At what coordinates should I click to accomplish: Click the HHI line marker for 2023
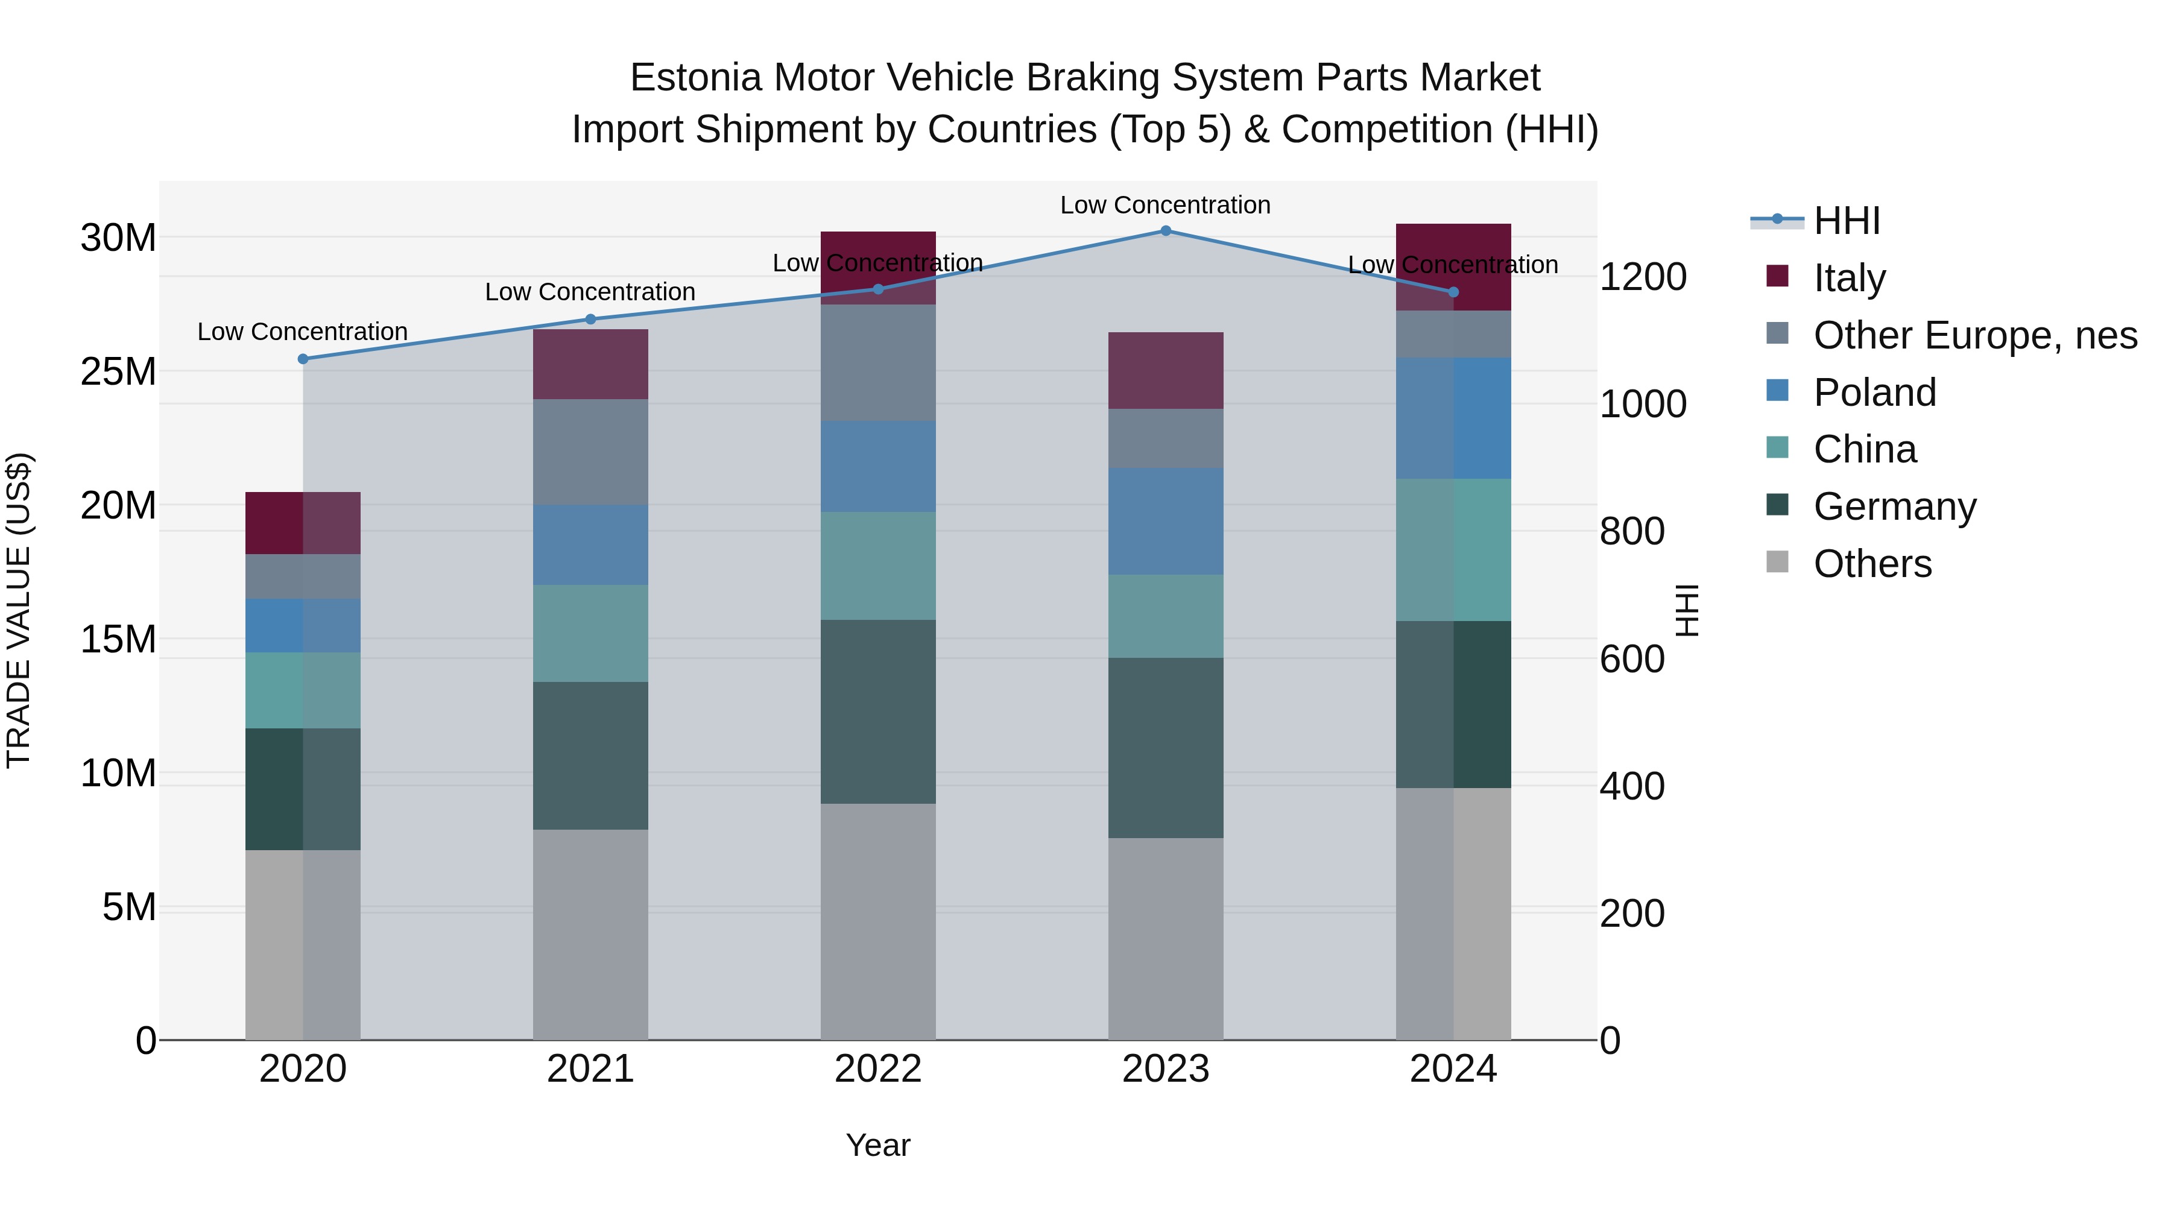[1166, 230]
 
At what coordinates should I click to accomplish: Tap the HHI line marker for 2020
[303, 359]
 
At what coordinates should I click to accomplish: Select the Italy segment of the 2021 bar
[590, 364]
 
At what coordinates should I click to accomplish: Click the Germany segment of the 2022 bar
[877, 711]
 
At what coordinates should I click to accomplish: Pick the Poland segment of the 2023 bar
[1166, 521]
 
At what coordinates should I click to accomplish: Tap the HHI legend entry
[1846, 221]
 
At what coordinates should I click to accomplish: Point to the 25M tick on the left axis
[118, 371]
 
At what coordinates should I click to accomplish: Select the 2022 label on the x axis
[877, 1069]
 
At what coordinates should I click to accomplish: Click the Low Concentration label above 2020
[303, 332]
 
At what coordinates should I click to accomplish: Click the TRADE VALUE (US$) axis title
[19, 610]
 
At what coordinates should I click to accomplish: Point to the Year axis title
[877, 1145]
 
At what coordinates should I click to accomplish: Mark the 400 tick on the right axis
[1632, 786]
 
